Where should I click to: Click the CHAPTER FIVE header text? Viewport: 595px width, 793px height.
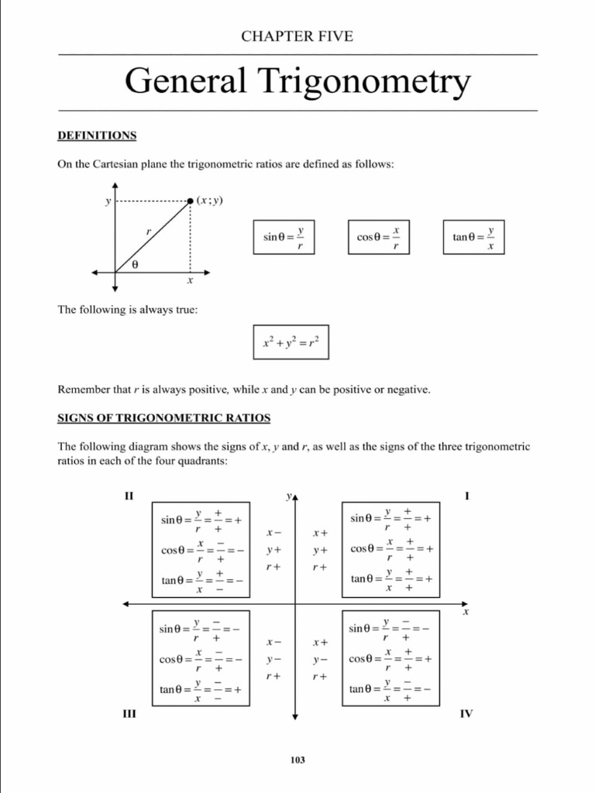pos(297,36)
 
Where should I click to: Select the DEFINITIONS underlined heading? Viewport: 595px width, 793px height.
pos(97,136)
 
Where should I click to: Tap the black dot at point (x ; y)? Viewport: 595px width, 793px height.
pos(191,201)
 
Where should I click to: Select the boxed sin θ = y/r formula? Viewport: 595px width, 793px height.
pos(284,236)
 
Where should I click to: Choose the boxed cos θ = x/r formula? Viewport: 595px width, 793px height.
pos(378,236)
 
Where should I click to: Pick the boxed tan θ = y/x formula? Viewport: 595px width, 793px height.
pos(473,236)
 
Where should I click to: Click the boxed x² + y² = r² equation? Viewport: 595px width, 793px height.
pos(291,342)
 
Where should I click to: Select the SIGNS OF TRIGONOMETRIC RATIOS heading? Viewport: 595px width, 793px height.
pos(164,418)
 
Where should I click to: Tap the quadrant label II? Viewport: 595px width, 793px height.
pos(129,496)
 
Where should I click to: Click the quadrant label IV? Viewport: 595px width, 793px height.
pos(466,713)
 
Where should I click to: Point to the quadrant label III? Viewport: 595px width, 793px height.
pos(129,713)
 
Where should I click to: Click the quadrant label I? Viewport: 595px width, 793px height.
pos(466,496)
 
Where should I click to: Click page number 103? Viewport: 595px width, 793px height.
pos(297,760)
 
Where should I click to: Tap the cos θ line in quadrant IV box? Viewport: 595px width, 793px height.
pos(390,659)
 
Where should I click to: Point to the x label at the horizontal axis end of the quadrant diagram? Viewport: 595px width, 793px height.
pos(466,613)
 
